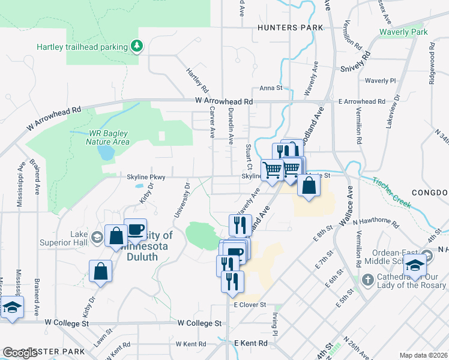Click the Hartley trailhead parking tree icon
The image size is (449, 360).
tap(137, 46)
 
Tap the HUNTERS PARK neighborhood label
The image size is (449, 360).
tap(290, 28)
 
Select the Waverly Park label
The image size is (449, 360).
tap(403, 32)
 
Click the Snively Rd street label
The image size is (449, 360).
tap(357, 62)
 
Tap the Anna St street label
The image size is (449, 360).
tap(271, 88)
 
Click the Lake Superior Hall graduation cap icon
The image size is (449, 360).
tap(96, 238)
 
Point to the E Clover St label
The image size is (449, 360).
tap(250, 305)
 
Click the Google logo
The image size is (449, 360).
tap(20, 352)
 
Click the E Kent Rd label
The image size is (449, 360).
tap(250, 343)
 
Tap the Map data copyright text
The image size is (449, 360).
tap(423, 355)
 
